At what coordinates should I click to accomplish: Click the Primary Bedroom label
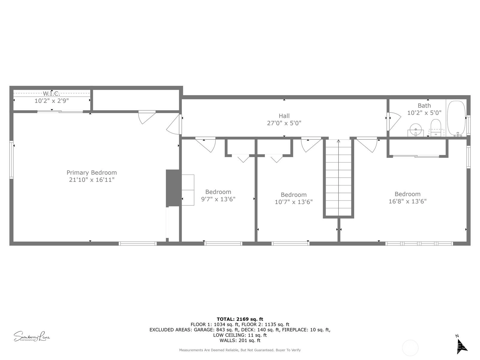coord(91,173)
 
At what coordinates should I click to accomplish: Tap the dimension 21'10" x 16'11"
coord(92,180)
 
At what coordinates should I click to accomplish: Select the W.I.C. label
coord(51,94)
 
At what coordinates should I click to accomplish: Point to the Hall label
coord(284,116)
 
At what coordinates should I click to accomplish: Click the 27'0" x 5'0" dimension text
coord(284,123)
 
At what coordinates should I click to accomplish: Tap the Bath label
coord(424,106)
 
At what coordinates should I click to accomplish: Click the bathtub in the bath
coord(456,118)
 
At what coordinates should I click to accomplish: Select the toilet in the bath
coord(436,128)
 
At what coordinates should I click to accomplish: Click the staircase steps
coord(338,178)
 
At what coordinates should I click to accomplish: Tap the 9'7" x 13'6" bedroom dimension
coord(218,199)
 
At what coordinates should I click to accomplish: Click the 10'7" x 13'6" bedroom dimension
coord(294,202)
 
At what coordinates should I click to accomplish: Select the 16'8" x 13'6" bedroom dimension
coord(408,201)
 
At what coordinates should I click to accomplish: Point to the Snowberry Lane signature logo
coord(32,336)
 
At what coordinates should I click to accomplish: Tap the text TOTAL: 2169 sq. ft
coord(240,319)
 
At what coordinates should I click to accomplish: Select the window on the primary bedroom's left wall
coord(11,160)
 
